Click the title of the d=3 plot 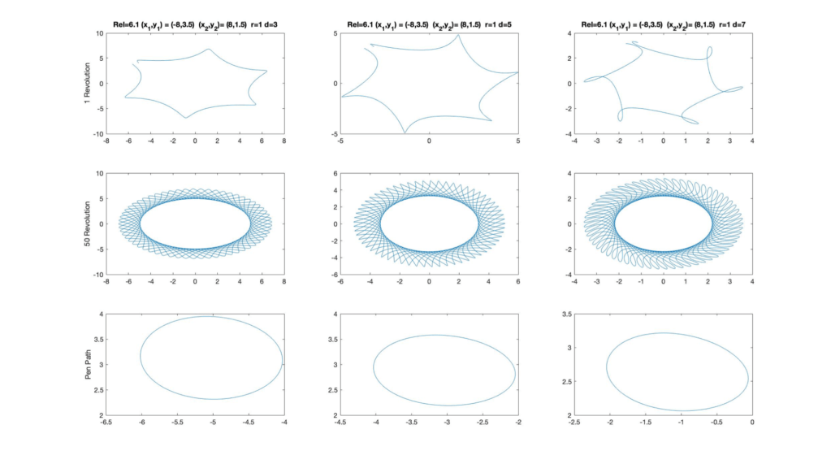click(194, 24)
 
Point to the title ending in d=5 click(429, 24)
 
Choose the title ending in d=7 click(663, 24)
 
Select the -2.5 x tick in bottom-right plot click(574, 423)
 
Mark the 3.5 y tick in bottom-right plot click(565, 313)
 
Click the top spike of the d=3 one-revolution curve click(209, 50)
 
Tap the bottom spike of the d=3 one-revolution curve click(186, 118)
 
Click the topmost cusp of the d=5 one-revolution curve click(459, 35)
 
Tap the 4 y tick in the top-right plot click(568, 33)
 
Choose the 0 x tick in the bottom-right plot click(752, 423)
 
